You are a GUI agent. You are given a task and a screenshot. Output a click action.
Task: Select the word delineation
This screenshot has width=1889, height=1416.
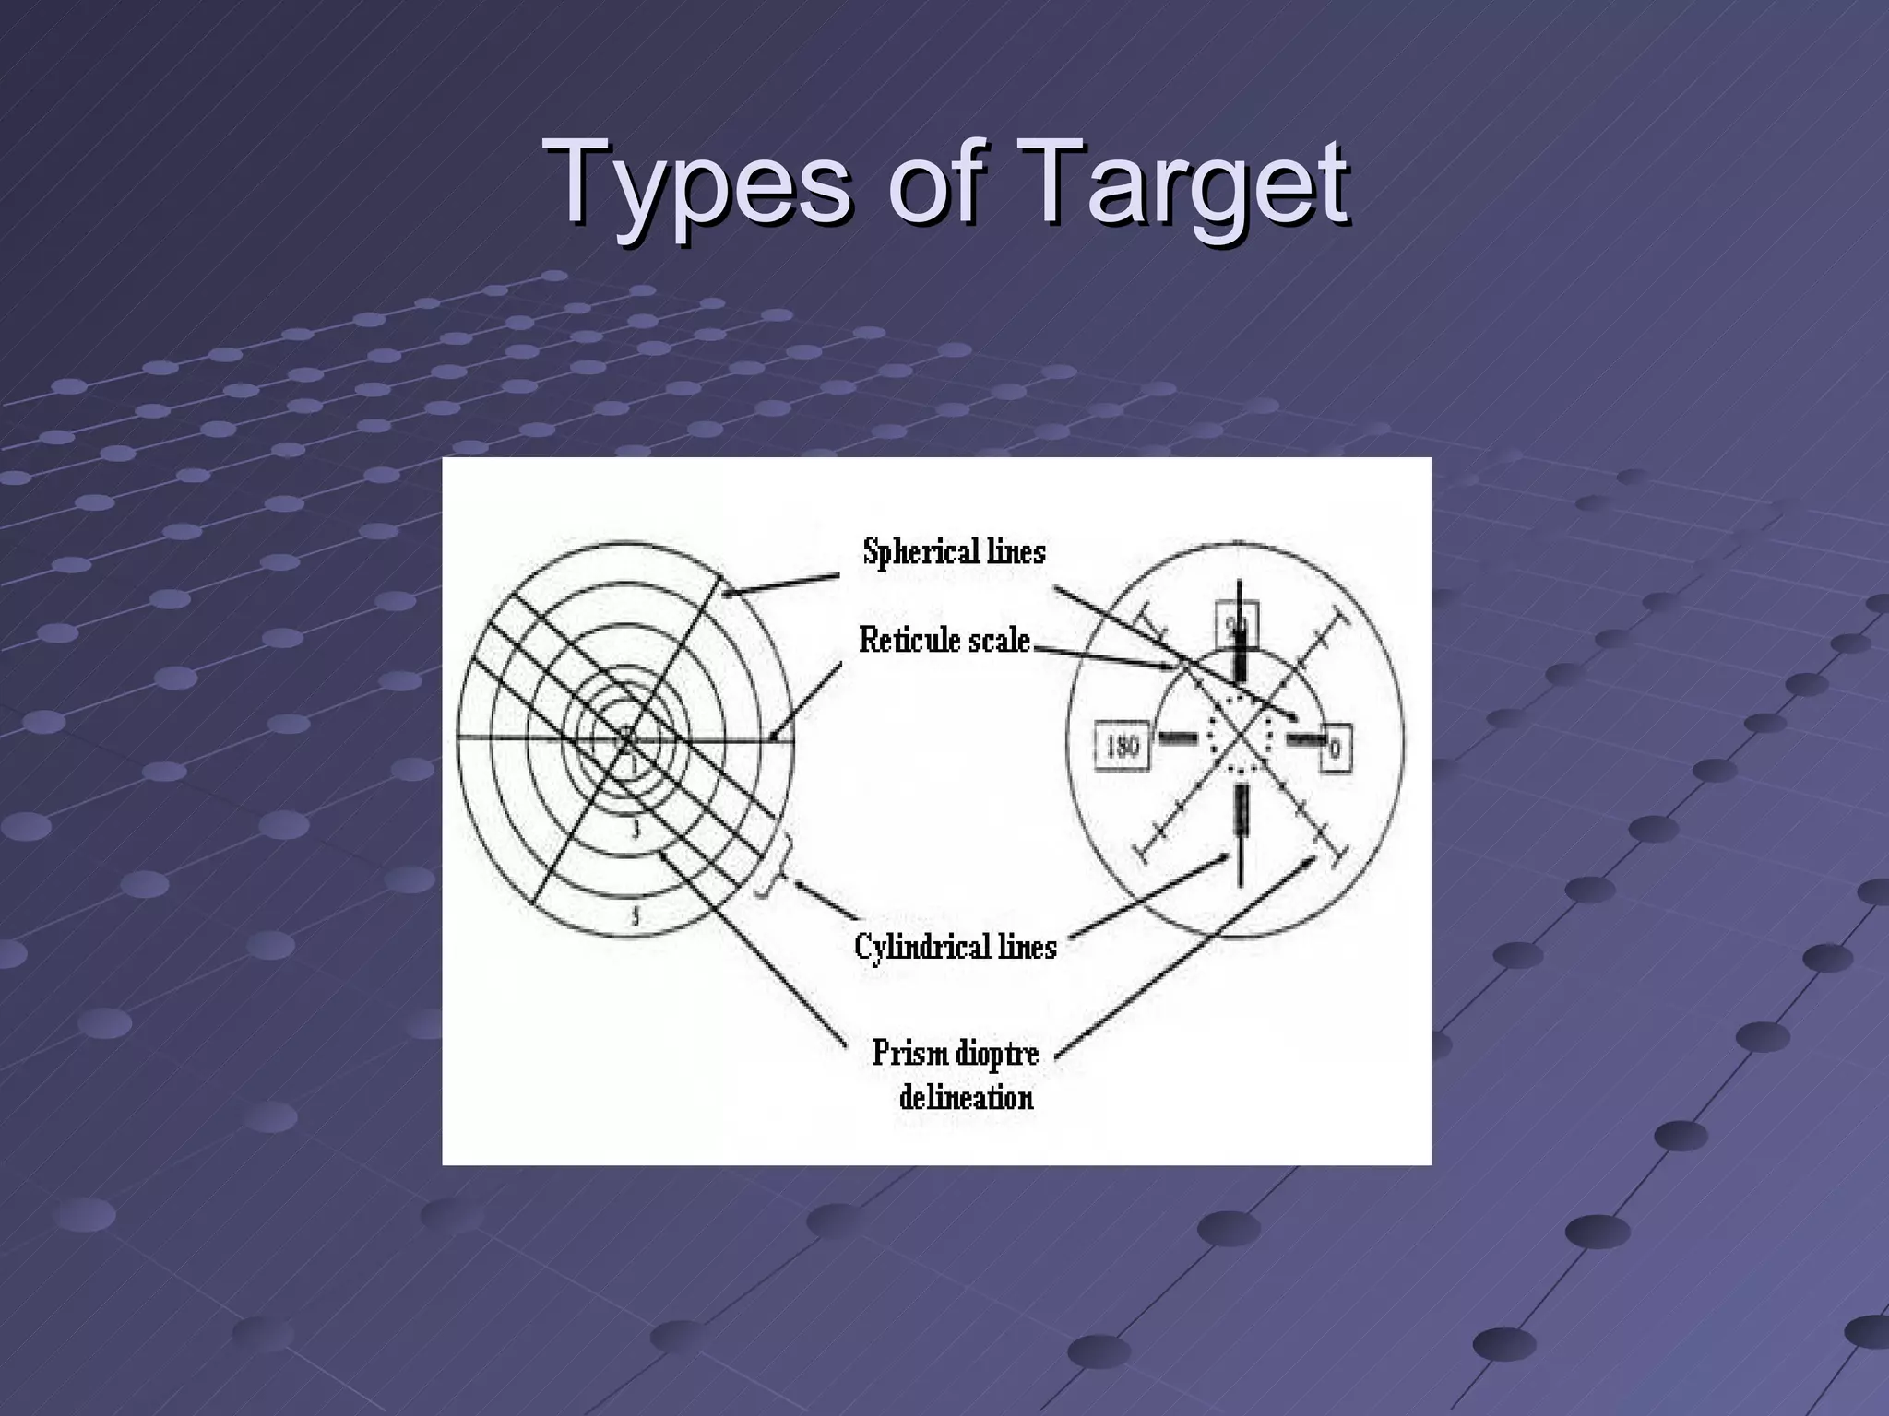[966, 1097]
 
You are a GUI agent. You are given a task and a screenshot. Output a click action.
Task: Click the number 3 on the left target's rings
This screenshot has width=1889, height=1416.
[635, 827]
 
